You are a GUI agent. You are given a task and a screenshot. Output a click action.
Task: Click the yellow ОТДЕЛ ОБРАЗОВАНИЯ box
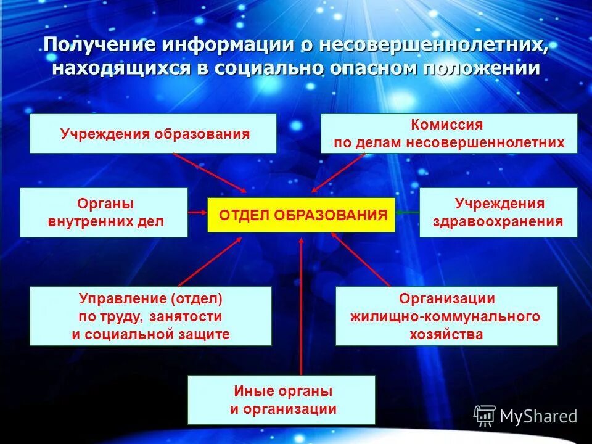pyautogui.click(x=301, y=215)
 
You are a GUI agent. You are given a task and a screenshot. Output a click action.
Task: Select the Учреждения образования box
pyautogui.click(x=154, y=133)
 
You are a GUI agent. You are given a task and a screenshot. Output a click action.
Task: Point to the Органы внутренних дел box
pyautogui.click(x=104, y=212)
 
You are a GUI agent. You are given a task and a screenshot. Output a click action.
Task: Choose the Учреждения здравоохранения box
pyautogui.click(x=498, y=212)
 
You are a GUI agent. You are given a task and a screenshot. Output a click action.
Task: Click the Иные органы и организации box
pyautogui.click(x=281, y=400)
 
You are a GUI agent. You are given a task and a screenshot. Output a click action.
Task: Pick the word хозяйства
pyautogui.click(x=446, y=335)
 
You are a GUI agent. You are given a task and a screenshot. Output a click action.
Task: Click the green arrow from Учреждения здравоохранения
pyautogui.click(x=407, y=212)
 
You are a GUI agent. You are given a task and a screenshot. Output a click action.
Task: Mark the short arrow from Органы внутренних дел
pyautogui.click(x=197, y=212)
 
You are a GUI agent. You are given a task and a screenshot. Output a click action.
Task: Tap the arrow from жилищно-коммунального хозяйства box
pyautogui.click(x=361, y=259)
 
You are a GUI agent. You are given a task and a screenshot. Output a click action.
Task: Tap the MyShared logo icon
pyautogui.click(x=485, y=416)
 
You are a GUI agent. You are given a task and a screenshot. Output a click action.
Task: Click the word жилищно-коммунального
pyautogui.click(x=445, y=317)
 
